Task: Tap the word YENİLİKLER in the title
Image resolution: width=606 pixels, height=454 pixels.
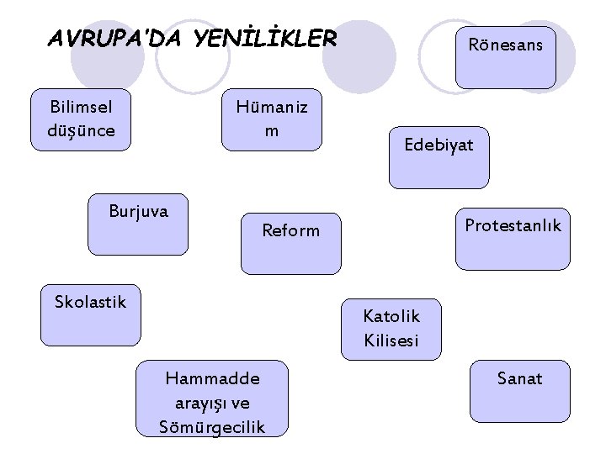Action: (x=265, y=39)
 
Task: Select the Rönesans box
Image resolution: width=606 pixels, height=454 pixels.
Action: (x=505, y=55)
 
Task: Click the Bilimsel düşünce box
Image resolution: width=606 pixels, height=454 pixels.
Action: (x=81, y=119)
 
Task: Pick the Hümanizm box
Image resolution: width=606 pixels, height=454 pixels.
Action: (x=271, y=119)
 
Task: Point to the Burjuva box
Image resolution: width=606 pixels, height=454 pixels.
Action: (x=138, y=225)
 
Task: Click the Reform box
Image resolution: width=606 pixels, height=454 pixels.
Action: (x=291, y=243)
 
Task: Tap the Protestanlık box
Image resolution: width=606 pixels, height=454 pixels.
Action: (x=513, y=239)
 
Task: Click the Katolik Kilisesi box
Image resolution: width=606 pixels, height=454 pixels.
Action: (x=391, y=329)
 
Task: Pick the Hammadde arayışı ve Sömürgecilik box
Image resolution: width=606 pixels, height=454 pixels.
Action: (x=212, y=399)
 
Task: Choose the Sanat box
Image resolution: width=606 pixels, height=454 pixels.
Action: (x=519, y=397)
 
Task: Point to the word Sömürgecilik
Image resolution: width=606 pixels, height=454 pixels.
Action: (x=212, y=426)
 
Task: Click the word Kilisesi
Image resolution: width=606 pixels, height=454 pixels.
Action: (x=391, y=341)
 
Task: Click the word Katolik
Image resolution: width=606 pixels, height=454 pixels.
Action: (x=391, y=316)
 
